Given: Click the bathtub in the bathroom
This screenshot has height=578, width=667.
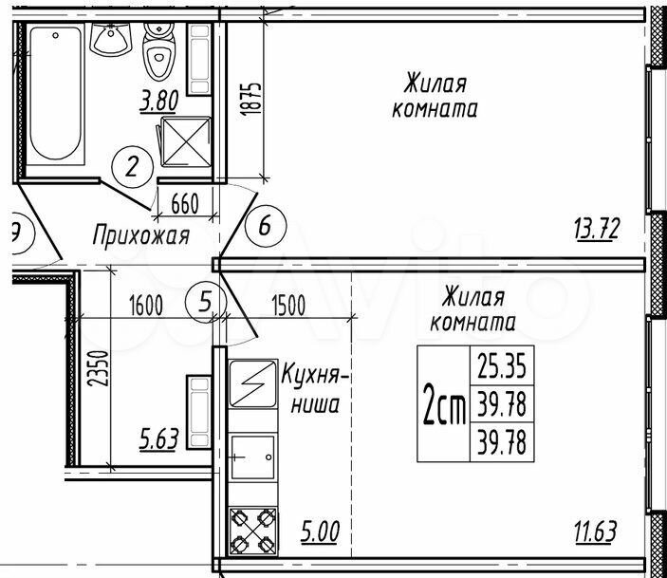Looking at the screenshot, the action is coord(55,93).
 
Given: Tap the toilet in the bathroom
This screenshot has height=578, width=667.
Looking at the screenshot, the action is coord(159,51).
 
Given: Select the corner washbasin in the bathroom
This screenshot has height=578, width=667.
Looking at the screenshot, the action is coord(110,40).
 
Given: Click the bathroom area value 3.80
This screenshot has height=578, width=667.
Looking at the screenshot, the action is coord(158,103).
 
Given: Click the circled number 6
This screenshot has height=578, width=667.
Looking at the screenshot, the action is coord(266,225).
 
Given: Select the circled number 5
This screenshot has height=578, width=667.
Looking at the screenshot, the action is coord(206,302).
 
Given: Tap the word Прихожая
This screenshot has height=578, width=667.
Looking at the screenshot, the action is coord(141,235).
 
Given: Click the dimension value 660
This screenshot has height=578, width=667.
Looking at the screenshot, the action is coord(185,203).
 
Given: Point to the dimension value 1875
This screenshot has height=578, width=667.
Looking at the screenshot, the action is coord(250,99).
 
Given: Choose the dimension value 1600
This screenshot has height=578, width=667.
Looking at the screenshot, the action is coord(146,306).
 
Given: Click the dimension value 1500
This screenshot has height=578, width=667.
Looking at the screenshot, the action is coord(288,306).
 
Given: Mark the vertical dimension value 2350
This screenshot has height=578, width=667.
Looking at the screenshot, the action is coord(99,368).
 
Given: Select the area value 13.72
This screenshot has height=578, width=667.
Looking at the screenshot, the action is coord(597,230).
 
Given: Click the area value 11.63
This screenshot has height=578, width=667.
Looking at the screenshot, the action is coord(595,531).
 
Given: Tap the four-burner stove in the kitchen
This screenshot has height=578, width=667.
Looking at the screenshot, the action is coord(252,531).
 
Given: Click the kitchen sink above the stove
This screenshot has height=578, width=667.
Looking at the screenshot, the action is coord(252,457).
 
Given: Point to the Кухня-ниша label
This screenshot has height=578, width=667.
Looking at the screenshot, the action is coord(315,389).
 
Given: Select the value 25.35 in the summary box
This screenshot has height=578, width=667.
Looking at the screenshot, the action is coord(502,366).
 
